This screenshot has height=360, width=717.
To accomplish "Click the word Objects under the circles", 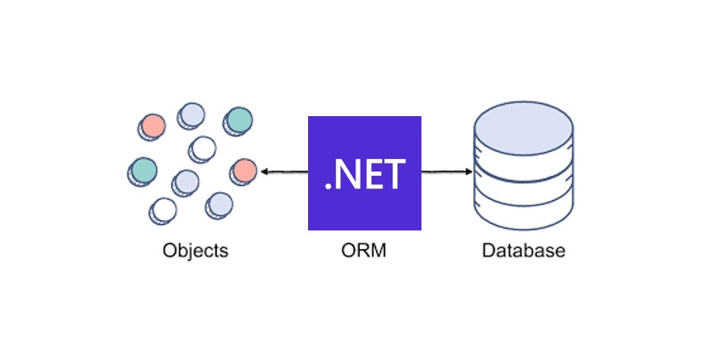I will click(196, 250).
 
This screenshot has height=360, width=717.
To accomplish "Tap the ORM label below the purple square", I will click(363, 250).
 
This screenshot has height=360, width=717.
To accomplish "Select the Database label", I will click(523, 250).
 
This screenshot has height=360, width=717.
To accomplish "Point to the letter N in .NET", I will click(352, 174).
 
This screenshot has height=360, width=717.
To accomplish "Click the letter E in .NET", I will click(375, 174).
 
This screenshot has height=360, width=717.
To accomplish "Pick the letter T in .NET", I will click(395, 174).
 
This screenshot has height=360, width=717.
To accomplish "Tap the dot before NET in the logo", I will click(329, 186).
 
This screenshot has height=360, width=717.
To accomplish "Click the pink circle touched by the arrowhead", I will click(245, 170).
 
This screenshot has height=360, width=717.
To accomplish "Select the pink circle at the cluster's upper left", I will click(153, 125).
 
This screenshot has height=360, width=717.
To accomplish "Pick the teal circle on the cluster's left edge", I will click(143, 168).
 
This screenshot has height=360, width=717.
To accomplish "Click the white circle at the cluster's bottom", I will click(164, 209).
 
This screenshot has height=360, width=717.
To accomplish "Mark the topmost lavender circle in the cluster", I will click(192, 114).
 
